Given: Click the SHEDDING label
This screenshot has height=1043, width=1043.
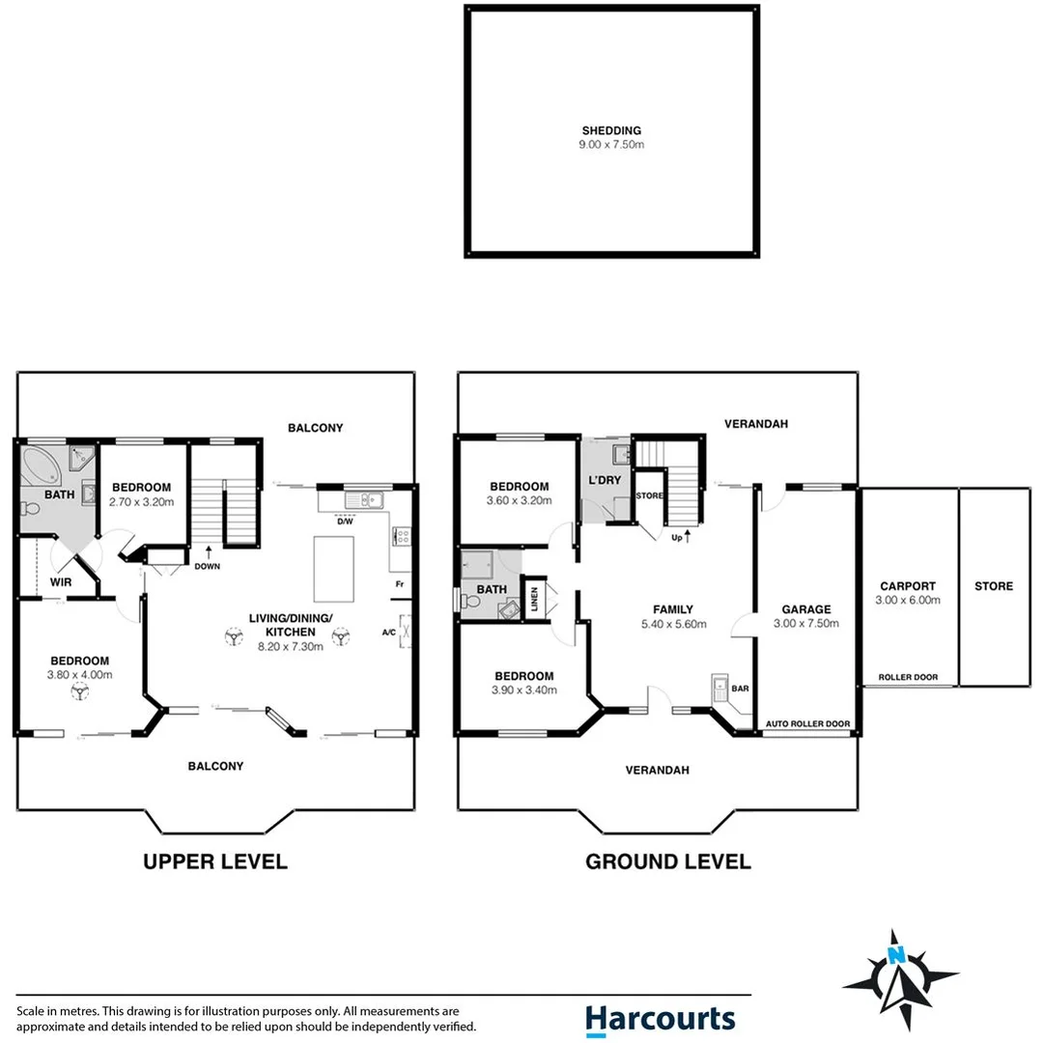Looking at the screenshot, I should (x=611, y=130).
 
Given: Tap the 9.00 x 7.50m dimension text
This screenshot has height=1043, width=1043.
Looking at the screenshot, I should (x=611, y=145).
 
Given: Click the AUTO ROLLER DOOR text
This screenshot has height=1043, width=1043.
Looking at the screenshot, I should (x=807, y=723).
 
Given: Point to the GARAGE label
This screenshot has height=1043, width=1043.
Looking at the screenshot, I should (x=806, y=609).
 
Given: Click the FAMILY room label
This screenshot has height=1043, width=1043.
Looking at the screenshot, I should (x=673, y=609).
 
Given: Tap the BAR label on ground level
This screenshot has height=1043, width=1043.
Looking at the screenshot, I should (x=740, y=690).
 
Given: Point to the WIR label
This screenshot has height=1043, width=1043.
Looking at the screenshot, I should (x=61, y=582).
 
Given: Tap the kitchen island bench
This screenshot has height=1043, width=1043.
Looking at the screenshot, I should (x=333, y=566).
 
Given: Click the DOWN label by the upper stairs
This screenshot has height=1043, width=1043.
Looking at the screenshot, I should (x=208, y=568).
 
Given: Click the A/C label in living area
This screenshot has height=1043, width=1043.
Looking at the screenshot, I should (x=388, y=633).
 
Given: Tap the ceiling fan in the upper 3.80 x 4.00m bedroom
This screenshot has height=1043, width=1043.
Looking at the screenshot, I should (x=79, y=690).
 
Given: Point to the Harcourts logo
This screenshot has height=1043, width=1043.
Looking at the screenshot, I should (x=660, y=1019).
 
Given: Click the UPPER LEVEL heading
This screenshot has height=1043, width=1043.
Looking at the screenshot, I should (x=215, y=861).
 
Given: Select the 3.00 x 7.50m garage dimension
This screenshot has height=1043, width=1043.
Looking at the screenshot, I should (x=806, y=624).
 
